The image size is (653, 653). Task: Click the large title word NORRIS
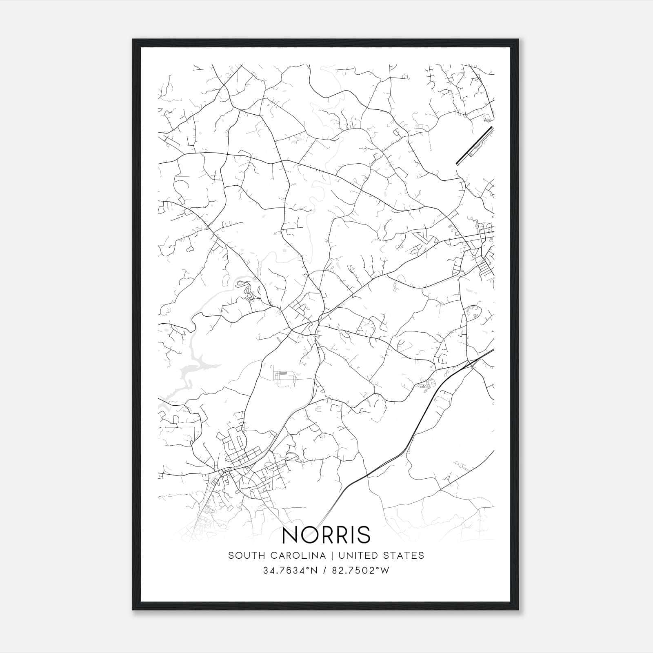pyautogui.click(x=326, y=535)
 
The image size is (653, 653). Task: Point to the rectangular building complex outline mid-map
pyautogui.click(x=284, y=379)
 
